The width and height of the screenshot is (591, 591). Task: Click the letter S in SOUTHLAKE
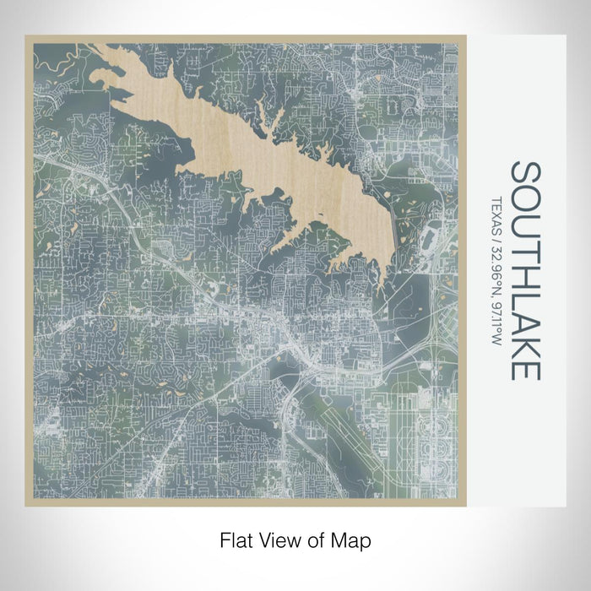coord(525,172)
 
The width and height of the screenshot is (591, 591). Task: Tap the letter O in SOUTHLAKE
coord(525,197)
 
